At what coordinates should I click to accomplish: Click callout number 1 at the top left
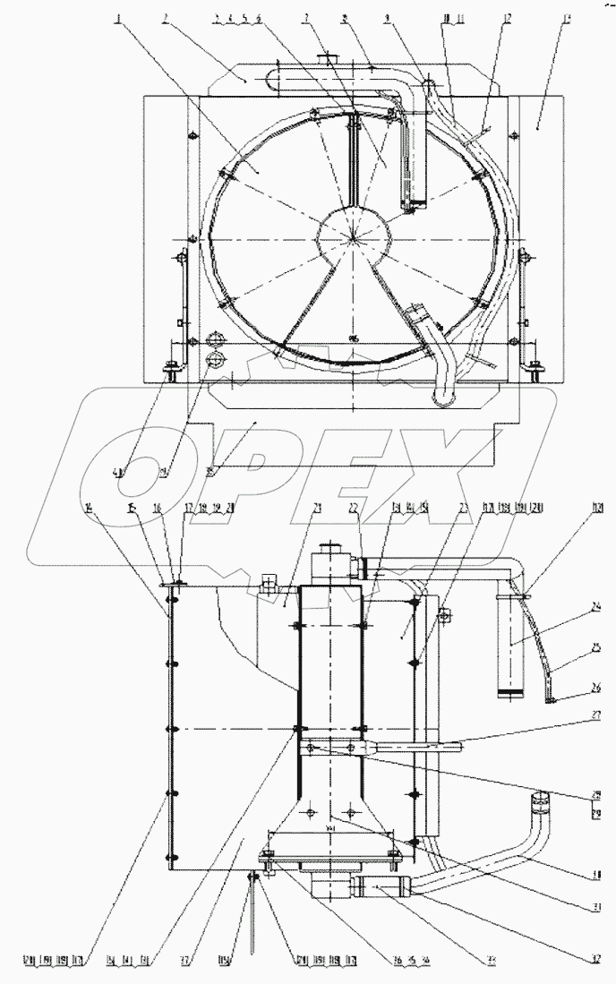[119, 18]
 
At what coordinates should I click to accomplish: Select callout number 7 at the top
[307, 18]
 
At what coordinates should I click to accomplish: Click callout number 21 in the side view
[292, 507]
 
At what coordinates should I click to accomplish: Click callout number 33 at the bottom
[490, 960]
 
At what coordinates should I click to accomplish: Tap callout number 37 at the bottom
[184, 960]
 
